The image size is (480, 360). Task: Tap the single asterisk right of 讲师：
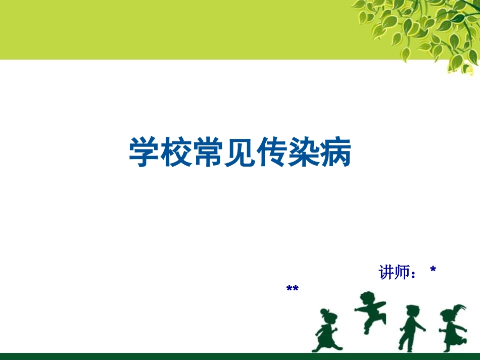tap(433, 271)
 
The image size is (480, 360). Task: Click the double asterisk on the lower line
tap(293, 289)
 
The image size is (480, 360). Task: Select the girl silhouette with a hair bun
tap(327, 331)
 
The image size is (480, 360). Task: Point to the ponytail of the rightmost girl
tap(460, 307)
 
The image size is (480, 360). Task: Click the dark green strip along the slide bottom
tap(240, 356)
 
